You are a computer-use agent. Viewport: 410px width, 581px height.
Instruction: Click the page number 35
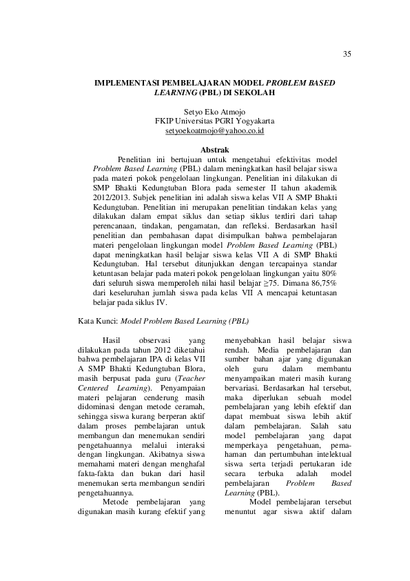click(346, 55)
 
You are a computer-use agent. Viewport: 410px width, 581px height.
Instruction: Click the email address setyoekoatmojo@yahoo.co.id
click(215, 130)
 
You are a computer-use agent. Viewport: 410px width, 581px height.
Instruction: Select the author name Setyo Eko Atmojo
click(215, 111)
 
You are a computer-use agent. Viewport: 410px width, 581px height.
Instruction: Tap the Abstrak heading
click(214, 149)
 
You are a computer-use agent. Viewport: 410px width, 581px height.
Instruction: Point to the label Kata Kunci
click(96, 321)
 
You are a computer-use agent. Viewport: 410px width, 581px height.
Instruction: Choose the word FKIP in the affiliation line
click(167, 121)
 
